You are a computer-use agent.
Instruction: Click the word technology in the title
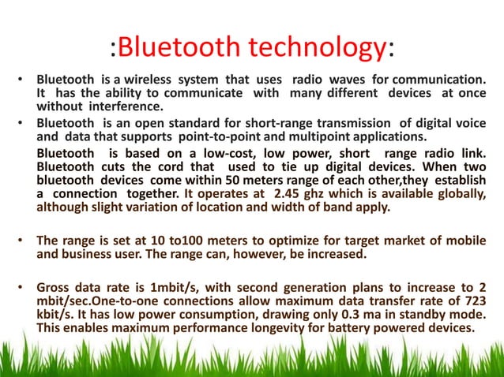tap(317, 47)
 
